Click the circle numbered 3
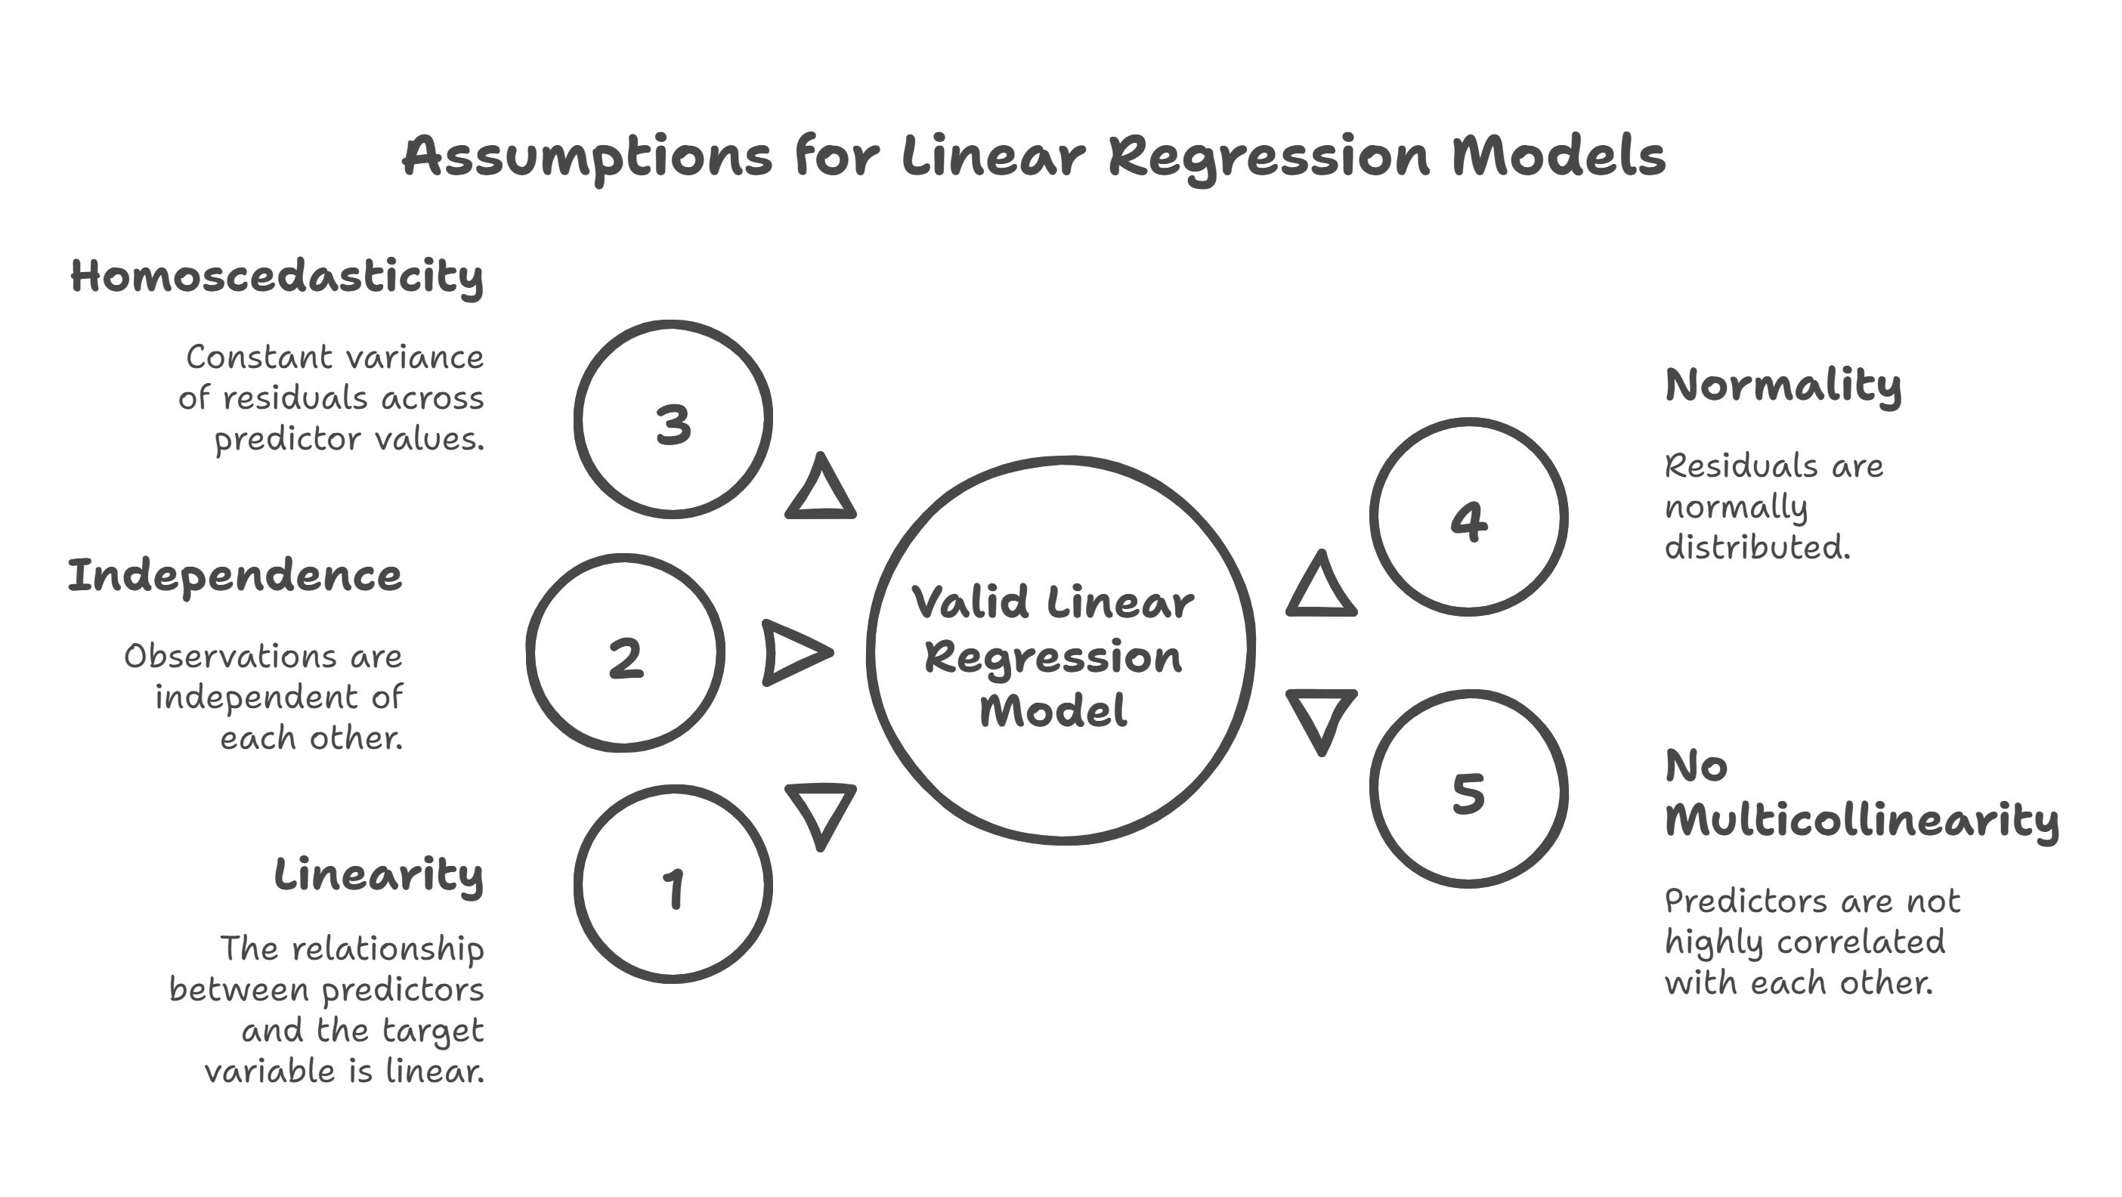[x=673, y=420]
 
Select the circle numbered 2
[x=625, y=653]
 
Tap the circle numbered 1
[x=673, y=884]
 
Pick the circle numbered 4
[x=1469, y=518]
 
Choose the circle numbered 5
[x=1469, y=789]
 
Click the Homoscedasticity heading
[x=277, y=277]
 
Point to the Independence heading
[x=235, y=577]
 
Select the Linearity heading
[x=378, y=876]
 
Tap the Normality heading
[x=1783, y=385]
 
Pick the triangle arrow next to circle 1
[x=821, y=812]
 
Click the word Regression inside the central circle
[x=1053, y=657]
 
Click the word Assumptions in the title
[x=586, y=156]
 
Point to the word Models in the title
[x=1557, y=156]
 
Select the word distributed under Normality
[x=1757, y=547]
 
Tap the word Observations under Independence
[x=230, y=657]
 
